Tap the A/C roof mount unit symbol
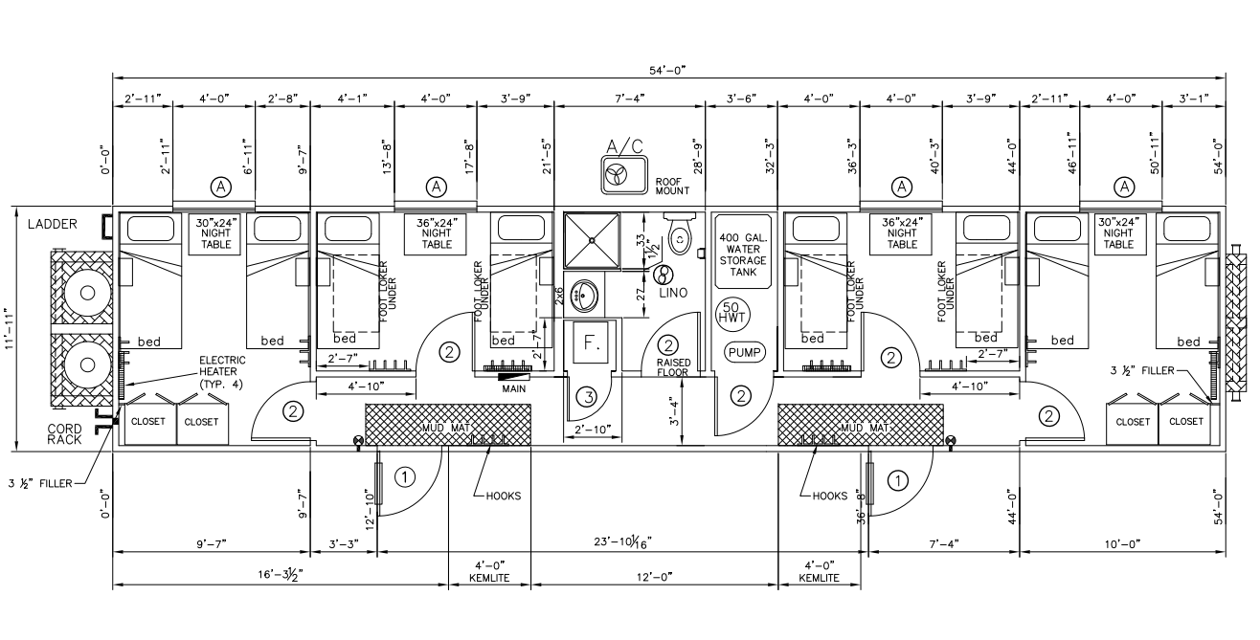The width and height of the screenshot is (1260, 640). point(615,174)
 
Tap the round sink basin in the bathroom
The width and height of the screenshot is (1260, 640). point(582,296)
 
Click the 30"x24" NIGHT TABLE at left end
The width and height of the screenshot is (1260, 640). point(215,232)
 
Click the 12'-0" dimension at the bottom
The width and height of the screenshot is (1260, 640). point(655,577)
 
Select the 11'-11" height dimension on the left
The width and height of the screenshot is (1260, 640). point(10,329)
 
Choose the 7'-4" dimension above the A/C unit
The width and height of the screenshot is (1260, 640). point(630,98)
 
